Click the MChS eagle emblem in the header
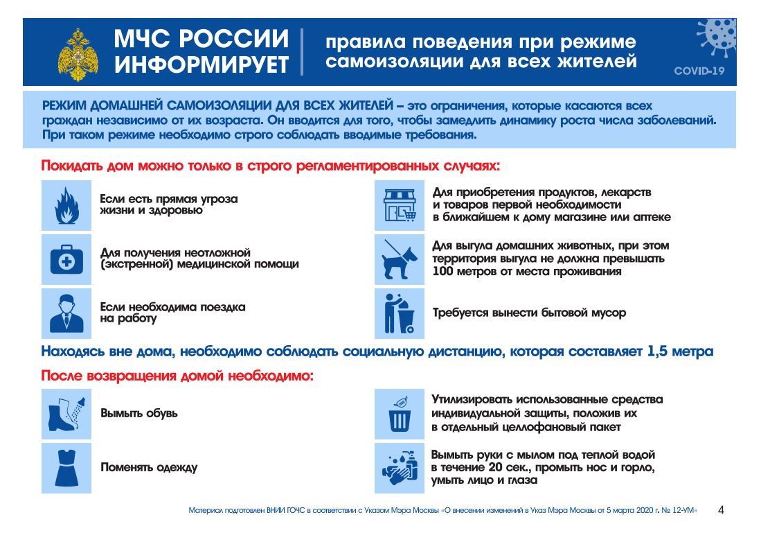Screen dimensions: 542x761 tap(78, 53)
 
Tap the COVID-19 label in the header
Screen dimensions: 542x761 tap(699, 71)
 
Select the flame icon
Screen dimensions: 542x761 tap(66, 205)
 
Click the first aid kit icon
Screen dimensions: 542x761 tap(66, 259)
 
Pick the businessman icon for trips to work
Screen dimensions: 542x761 tap(66, 313)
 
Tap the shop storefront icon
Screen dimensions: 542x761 tap(400, 205)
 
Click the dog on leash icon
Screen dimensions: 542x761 tap(400, 259)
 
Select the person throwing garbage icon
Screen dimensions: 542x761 tap(400, 313)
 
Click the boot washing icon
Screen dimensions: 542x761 tap(66, 414)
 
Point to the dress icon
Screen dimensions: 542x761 tap(66, 468)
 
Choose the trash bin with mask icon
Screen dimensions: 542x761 tap(400, 414)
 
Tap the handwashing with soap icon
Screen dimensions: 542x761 tap(400, 468)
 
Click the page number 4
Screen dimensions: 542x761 tap(721, 511)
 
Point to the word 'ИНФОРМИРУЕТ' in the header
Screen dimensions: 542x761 tap(202, 64)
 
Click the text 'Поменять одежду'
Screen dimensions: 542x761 tap(149, 467)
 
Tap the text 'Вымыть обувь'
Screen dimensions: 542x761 tap(139, 413)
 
